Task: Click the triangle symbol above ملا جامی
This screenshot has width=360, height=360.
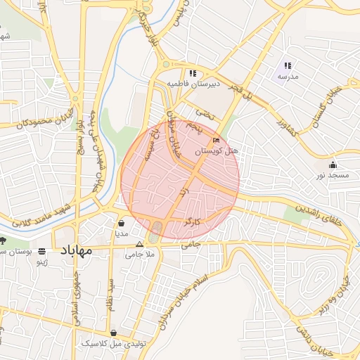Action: [139, 245]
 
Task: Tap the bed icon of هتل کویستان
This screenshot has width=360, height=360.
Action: [216, 141]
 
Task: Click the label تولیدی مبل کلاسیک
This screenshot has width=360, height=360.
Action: [113, 344]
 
